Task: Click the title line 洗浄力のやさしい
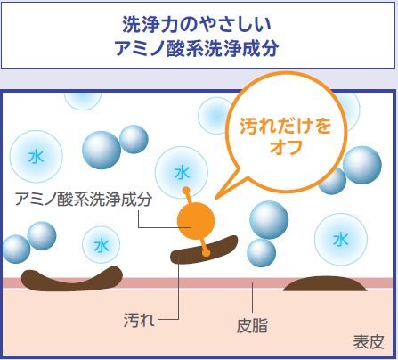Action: tap(197, 24)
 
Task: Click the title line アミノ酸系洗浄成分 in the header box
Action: tap(197, 48)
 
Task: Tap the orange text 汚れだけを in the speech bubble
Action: tap(285, 126)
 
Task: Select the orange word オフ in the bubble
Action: tap(286, 147)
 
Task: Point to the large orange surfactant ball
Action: tap(196, 221)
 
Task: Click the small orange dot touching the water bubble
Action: tap(186, 191)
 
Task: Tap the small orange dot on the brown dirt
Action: tap(206, 253)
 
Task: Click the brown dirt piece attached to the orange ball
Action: tap(204, 250)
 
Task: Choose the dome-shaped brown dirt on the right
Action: tap(325, 284)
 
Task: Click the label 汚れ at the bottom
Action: tap(139, 320)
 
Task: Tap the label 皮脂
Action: tap(252, 325)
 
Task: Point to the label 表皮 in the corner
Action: tap(369, 341)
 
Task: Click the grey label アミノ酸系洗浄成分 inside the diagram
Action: tap(84, 199)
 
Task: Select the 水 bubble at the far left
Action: tap(37, 157)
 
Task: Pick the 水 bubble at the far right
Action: tap(341, 240)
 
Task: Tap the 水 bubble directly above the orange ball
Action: tap(182, 173)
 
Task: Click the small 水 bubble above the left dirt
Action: tap(102, 245)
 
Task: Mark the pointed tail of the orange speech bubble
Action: tap(216, 198)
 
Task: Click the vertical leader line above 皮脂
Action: tap(252, 298)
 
